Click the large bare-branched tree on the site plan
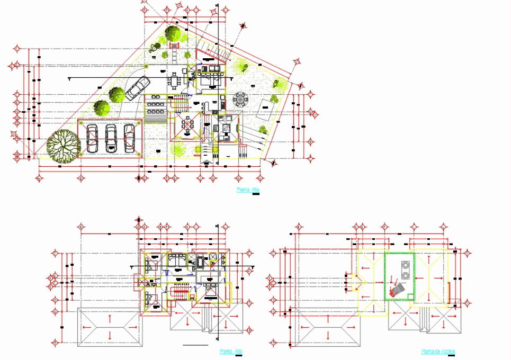tap(62, 146)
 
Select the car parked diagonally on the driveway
tap(137, 87)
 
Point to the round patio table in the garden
tap(241, 98)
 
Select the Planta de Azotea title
tap(437, 351)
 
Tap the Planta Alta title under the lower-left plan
tap(231, 351)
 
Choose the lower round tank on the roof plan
tap(406, 275)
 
